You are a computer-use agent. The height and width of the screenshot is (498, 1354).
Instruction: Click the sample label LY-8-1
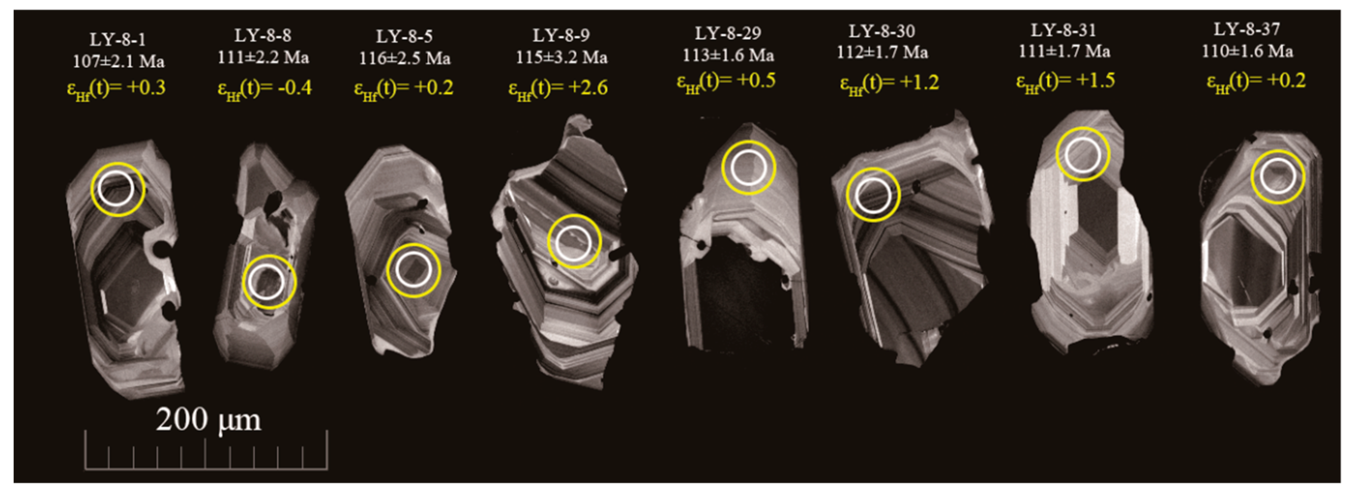(x=117, y=39)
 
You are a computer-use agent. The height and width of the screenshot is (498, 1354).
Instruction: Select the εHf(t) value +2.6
(x=558, y=88)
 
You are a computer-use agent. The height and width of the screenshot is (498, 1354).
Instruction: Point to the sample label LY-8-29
(x=727, y=33)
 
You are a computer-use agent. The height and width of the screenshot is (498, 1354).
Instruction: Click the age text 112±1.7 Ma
(x=882, y=52)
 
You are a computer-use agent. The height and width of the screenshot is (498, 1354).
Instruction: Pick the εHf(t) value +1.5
(x=1065, y=81)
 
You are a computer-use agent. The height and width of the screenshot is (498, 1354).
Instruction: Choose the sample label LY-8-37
(x=1246, y=30)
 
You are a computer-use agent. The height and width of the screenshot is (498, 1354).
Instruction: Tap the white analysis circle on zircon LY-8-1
(x=116, y=188)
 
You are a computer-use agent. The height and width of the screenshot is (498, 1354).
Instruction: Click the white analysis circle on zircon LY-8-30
(x=873, y=195)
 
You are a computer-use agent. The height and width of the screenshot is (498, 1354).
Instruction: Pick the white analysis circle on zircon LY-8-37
(x=1277, y=177)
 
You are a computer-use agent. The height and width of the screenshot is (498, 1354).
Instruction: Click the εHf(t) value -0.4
(x=264, y=88)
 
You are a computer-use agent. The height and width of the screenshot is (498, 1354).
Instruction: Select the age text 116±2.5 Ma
(x=404, y=58)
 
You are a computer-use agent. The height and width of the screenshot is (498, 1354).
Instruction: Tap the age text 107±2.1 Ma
(x=118, y=61)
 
